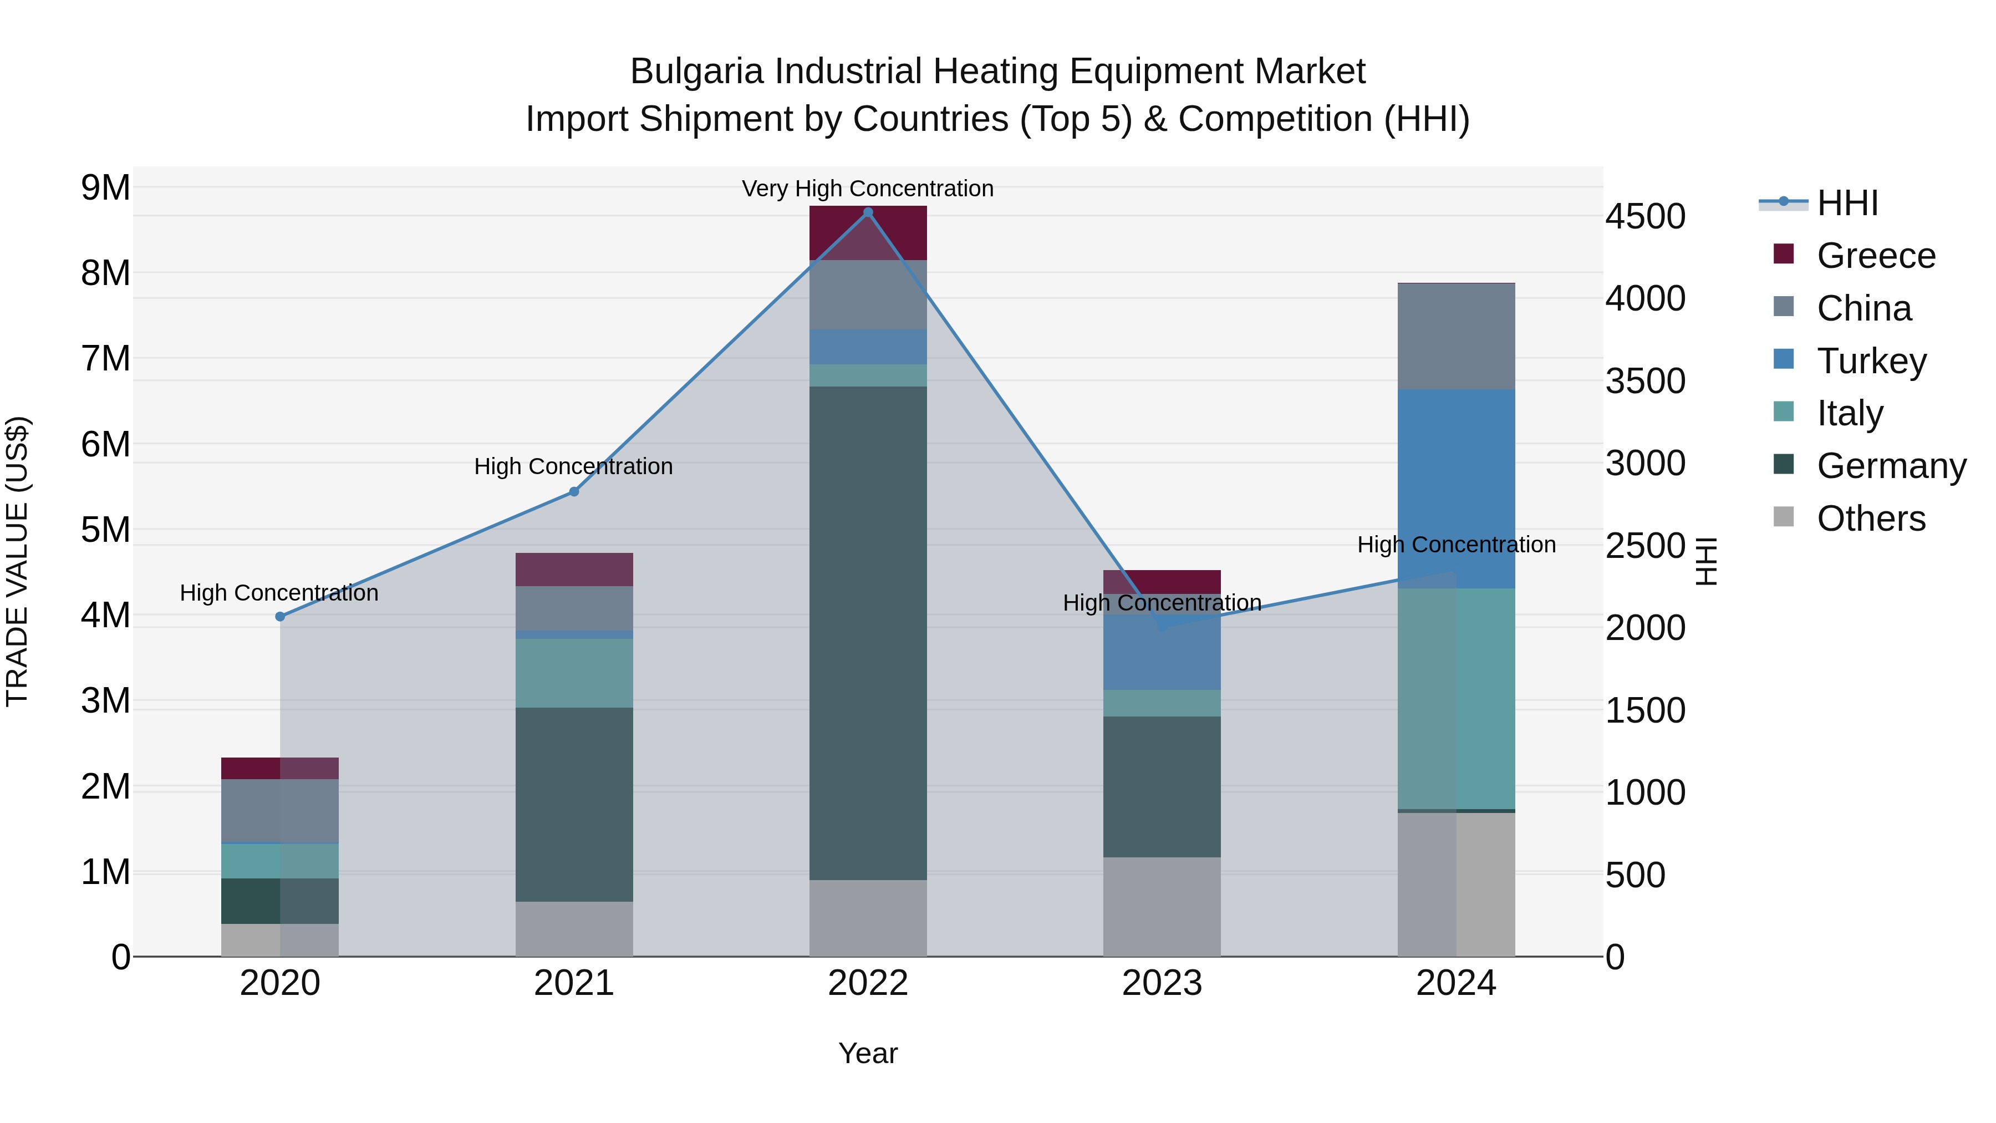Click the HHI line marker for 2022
pyautogui.click(x=868, y=212)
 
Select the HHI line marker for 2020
pyautogui.click(x=280, y=617)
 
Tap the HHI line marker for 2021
pyautogui.click(x=574, y=491)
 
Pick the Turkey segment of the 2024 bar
pyautogui.click(x=1456, y=488)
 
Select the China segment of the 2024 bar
pyautogui.click(x=1456, y=337)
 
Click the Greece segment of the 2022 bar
pyautogui.click(x=868, y=232)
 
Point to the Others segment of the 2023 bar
pyautogui.click(x=1162, y=906)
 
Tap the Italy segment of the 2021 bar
pyautogui.click(x=574, y=673)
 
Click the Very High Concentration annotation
pyautogui.click(x=867, y=189)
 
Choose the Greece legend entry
pyautogui.click(x=1875, y=256)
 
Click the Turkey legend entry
pyautogui.click(x=1871, y=361)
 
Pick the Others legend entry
pyautogui.click(x=1871, y=519)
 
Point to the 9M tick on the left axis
pyautogui.click(x=105, y=187)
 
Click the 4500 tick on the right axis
pyautogui.click(x=1644, y=216)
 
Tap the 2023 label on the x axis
pyautogui.click(x=1162, y=983)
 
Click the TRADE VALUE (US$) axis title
pyautogui.click(x=17, y=561)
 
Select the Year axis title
pyautogui.click(x=868, y=1053)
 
